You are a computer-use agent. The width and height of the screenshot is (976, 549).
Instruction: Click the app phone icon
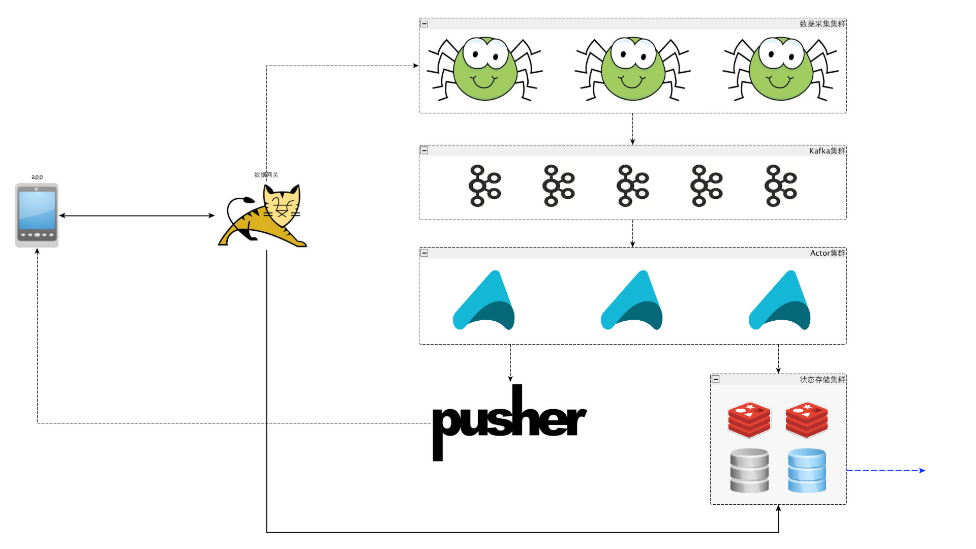point(37,215)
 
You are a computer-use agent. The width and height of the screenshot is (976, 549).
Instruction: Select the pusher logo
point(509,422)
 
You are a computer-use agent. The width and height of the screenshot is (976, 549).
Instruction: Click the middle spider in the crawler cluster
point(632,69)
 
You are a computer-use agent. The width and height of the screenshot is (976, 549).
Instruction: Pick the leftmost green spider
point(484,69)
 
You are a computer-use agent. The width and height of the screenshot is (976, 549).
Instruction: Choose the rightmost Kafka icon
point(780,186)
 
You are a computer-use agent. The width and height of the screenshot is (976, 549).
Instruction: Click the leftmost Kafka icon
point(484,186)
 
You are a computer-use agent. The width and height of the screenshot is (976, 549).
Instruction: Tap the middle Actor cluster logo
point(632,300)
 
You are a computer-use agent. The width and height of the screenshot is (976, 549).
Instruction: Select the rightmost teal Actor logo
point(780,300)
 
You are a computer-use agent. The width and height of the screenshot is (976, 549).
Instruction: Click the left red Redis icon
point(749,419)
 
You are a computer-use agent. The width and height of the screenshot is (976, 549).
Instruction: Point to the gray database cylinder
point(749,470)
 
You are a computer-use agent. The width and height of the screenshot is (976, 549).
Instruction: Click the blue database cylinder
point(807,470)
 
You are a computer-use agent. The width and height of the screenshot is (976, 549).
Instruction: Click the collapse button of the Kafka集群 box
point(424,150)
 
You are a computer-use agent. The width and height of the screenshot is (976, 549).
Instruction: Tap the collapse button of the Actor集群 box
point(424,253)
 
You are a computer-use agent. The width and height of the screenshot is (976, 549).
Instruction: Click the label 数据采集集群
point(822,23)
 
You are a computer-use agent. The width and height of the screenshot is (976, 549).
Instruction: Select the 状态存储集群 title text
point(822,379)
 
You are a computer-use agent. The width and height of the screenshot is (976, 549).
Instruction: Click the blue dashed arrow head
point(922,470)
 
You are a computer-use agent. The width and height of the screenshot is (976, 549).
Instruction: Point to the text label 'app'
point(37,177)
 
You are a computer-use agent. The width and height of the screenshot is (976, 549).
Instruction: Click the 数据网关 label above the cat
point(266,175)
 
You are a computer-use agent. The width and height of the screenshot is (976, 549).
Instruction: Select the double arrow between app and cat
point(137,216)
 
